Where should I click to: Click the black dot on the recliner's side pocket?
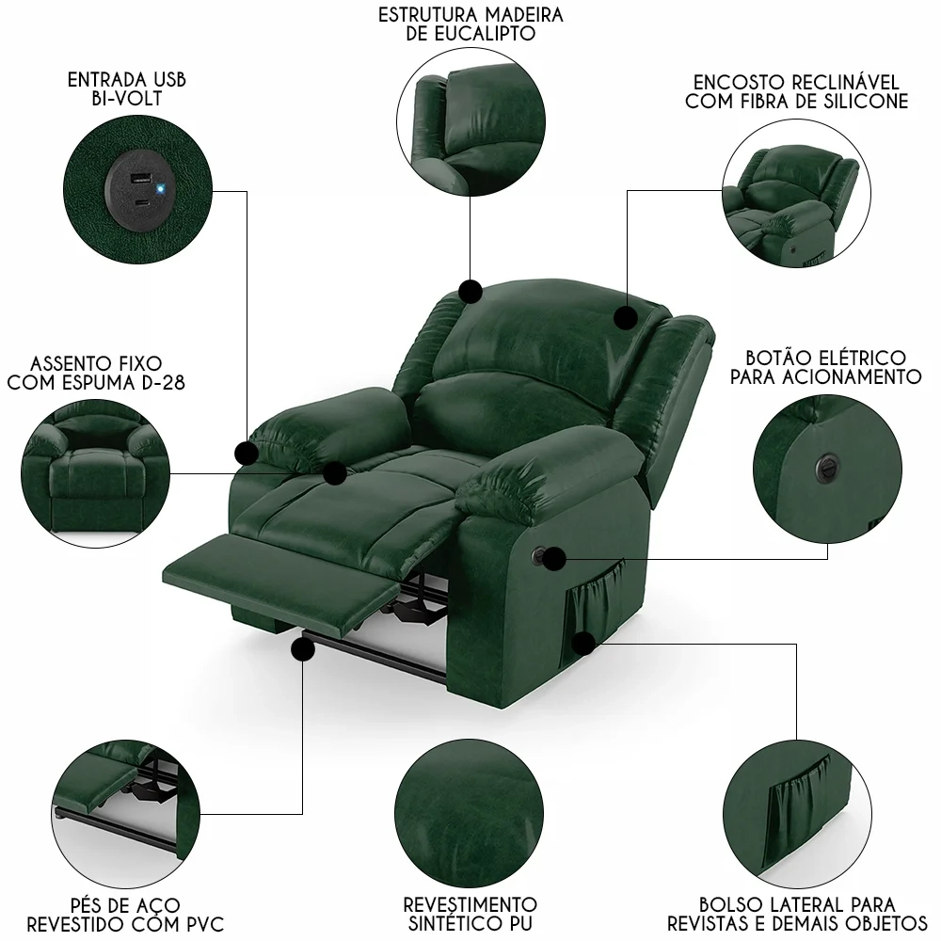[x=584, y=644]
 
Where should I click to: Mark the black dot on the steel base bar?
[x=302, y=649]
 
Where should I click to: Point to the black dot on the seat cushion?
[x=334, y=473]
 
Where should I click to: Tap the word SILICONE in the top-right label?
[x=863, y=102]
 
